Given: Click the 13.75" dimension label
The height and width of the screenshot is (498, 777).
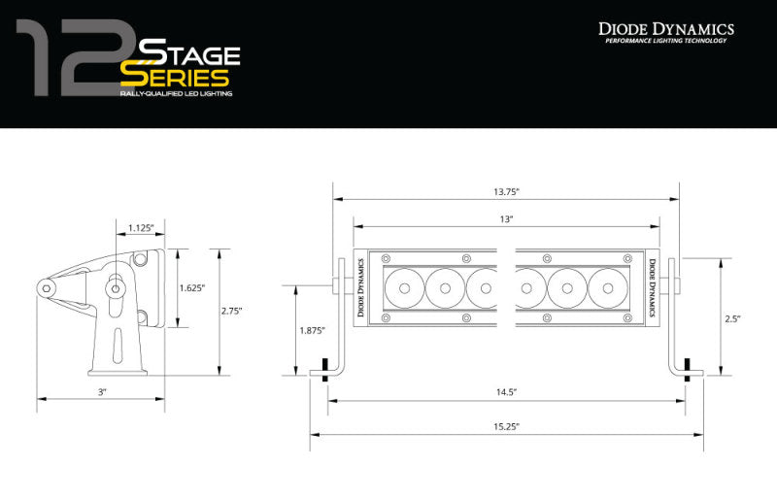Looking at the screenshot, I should [x=507, y=192].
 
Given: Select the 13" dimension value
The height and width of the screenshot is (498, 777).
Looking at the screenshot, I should [x=507, y=220].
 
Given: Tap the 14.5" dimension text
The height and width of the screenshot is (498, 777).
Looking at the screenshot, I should [x=507, y=392].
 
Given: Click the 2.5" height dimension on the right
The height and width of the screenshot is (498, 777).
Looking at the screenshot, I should [x=734, y=317].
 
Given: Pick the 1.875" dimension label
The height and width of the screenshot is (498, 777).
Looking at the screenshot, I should [x=311, y=331].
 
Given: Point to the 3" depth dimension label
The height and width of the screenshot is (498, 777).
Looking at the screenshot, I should [x=101, y=391].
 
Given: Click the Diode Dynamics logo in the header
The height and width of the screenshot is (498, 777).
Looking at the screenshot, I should [x=665, y=30].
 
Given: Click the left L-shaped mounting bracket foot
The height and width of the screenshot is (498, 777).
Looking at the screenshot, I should [x=327, y=370].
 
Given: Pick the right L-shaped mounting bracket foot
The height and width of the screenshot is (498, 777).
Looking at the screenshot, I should [x=683, y=370].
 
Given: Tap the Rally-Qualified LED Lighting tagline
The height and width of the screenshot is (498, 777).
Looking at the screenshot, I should [x=175, y=97].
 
